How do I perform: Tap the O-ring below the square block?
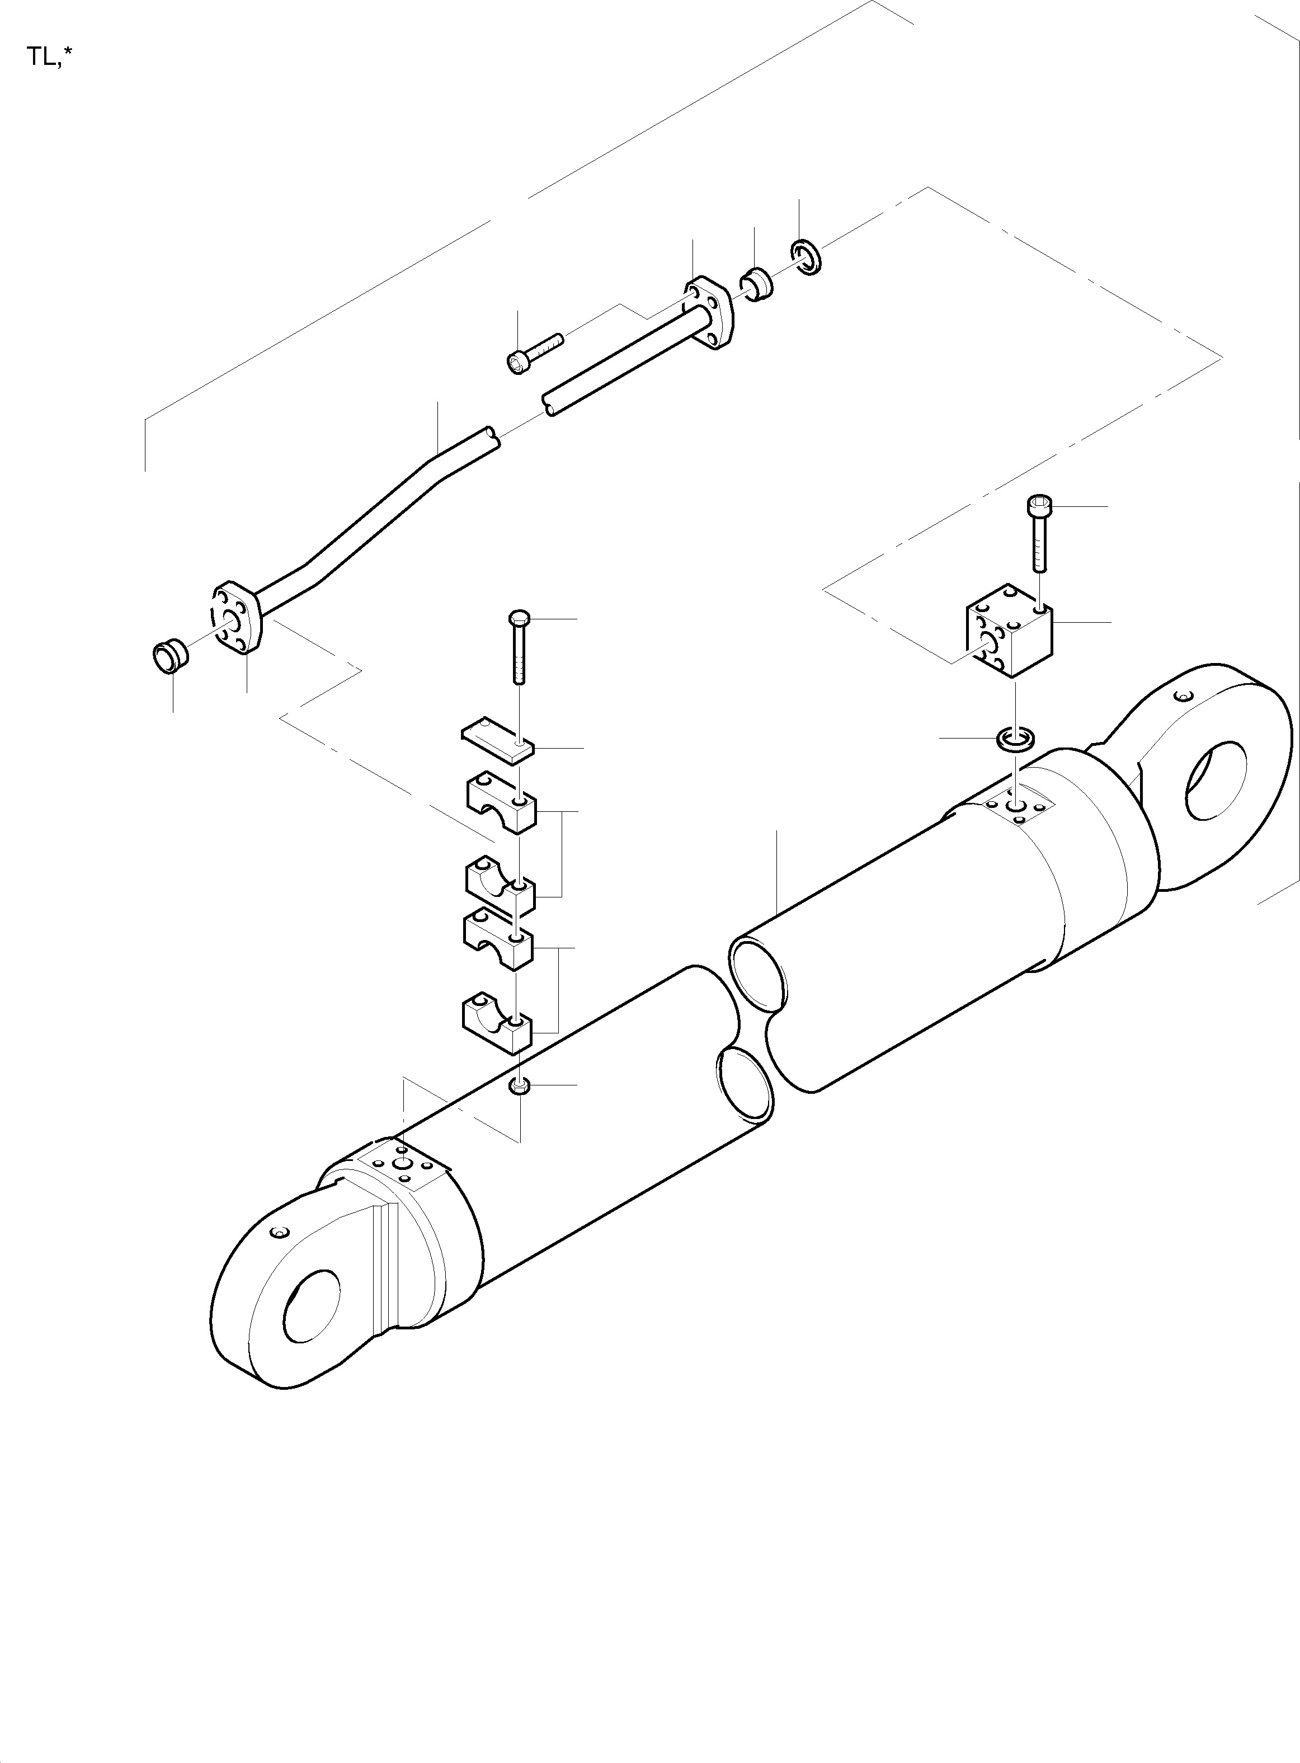pos(1016,739)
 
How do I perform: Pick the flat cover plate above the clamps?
pos(497,740)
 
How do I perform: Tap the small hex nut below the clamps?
pos(519,1087)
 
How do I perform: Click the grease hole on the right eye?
pos(1181,696)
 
